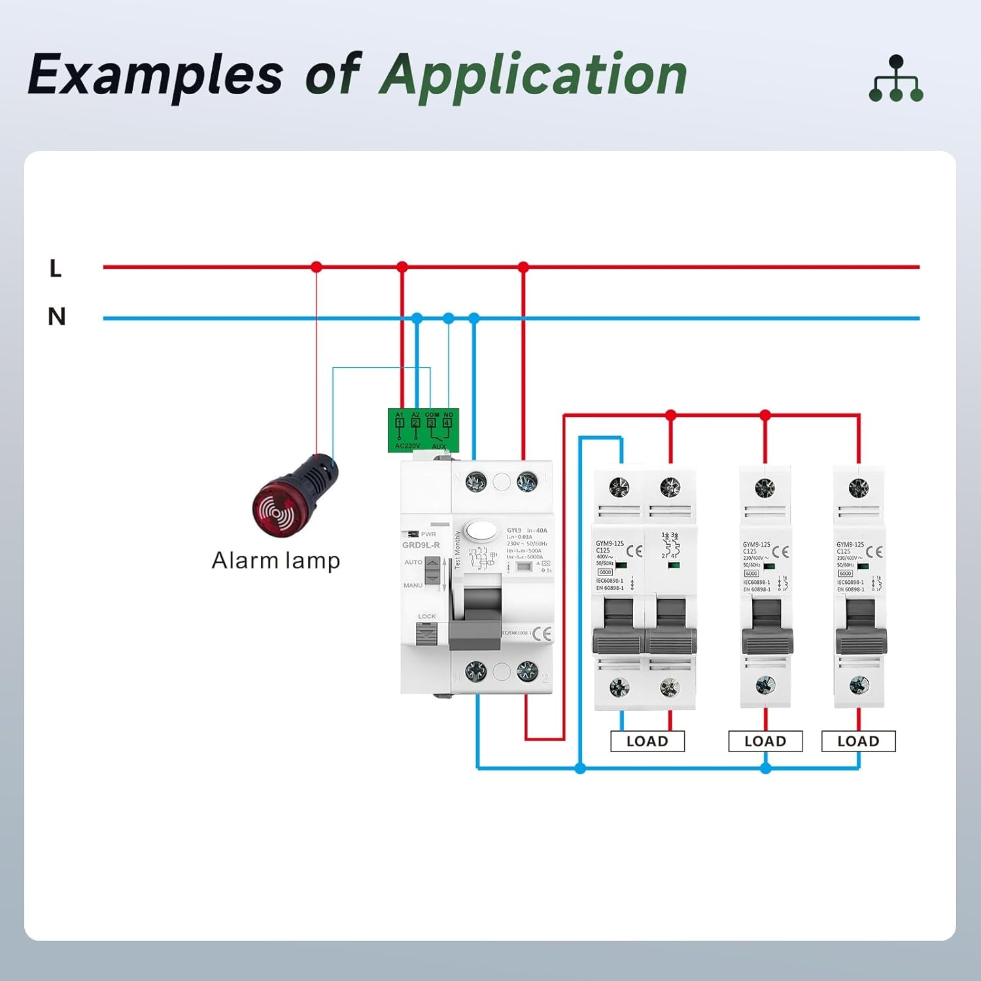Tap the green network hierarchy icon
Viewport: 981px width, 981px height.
[896, 79]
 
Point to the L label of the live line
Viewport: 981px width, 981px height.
[56, 268]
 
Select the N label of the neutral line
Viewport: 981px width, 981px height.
[57, 317]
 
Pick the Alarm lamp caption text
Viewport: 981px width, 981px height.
[276, 561]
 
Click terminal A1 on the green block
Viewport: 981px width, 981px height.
[400, 422]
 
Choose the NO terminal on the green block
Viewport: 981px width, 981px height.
[447, 422]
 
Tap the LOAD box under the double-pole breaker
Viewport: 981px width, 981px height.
[647, 741]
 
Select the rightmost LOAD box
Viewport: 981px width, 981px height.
[858, 741]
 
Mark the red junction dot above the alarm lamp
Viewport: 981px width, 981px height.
[317, 267]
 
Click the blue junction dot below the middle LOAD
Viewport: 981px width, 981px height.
[766, 768]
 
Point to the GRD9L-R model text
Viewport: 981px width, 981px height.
[421, 545]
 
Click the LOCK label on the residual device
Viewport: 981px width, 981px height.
[426, 616]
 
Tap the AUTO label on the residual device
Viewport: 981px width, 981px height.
[413, 562]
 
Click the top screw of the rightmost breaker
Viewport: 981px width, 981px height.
[858, 487]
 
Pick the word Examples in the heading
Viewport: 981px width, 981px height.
[156, 75]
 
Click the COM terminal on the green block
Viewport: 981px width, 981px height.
[432, 422]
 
